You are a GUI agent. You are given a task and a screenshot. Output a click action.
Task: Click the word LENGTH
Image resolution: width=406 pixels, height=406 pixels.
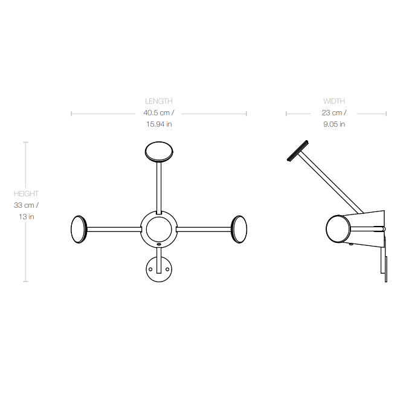click(x=159, y=101)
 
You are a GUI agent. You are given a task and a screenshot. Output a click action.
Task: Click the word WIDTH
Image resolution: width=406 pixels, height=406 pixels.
click(x=333, y=101)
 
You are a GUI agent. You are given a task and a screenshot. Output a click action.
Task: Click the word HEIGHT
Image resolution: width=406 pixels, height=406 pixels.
click(x=26, y=194)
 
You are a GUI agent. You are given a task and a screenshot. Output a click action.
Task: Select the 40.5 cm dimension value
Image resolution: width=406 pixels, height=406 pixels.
click(x=159, y=112)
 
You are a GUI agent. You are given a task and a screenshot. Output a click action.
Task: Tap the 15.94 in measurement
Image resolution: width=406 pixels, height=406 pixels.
click(x=159, y=124)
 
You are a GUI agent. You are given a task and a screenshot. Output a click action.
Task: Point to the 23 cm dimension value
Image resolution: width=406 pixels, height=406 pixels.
click(x=334, y=112)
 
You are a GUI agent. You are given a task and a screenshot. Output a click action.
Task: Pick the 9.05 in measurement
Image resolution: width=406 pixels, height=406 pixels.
click(x=334, y=124)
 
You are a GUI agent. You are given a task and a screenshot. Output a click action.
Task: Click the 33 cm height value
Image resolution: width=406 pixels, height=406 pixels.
click(x=26, y=205)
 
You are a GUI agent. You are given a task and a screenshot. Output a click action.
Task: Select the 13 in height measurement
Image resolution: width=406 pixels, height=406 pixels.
click(x=27, y=216)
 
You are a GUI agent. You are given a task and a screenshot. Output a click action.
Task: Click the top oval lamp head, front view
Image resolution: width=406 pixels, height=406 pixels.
click(x=159, y=152)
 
